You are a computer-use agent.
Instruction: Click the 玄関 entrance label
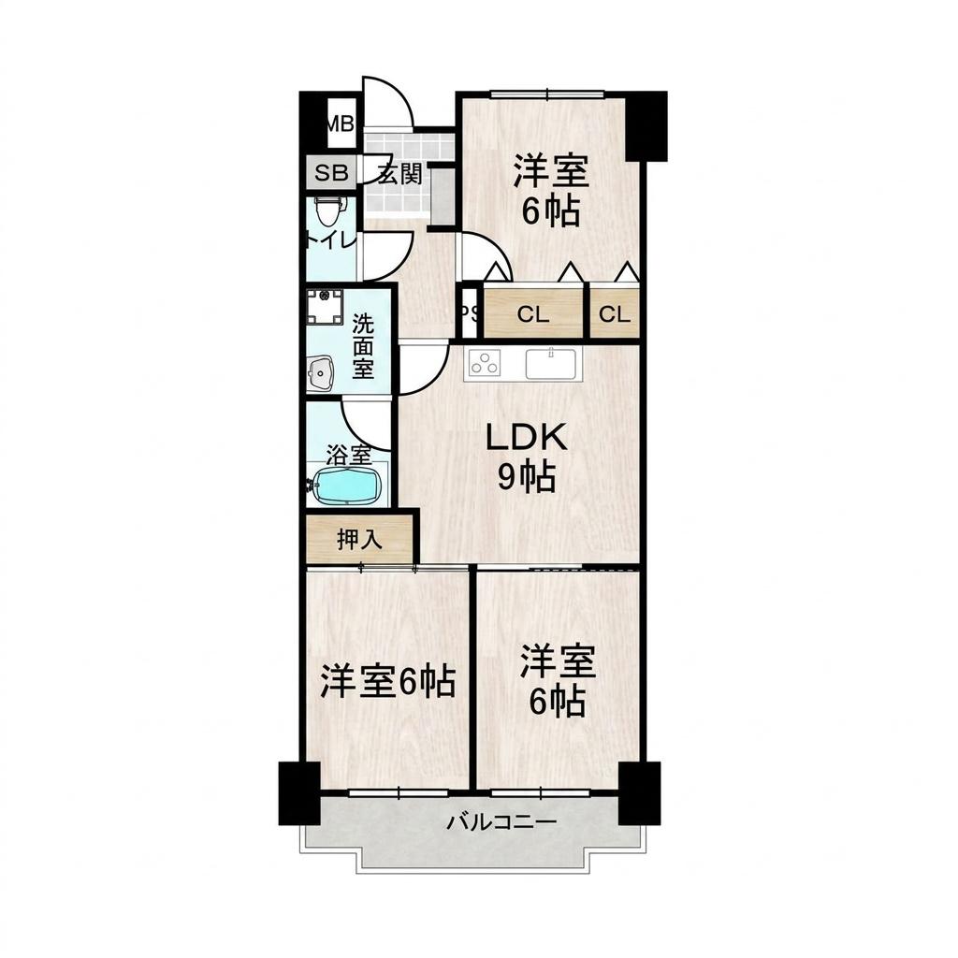tap(399, 173)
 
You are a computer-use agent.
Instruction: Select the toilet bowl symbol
tap(328, 210)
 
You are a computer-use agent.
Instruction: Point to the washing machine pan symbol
tap(325, 307)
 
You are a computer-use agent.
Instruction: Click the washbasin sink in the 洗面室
tap(322, 373)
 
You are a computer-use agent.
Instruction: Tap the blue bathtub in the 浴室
tap(346, 486)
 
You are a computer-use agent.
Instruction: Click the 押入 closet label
tap(359, 540)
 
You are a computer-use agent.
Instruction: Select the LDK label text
tap(526, 437)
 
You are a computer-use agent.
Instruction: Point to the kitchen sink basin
tap(550, 364)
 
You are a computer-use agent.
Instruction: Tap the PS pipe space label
tap(470, 312)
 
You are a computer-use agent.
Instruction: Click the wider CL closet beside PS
tap(533, 314)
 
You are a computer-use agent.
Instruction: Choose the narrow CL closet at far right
tap(615, 314)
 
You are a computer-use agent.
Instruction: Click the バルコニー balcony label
tap(501, 821)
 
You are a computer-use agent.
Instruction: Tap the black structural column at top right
tap(646, 126)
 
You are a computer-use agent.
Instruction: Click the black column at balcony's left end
tap(299, 793)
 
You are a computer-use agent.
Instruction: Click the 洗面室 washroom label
tap(363, 346)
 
